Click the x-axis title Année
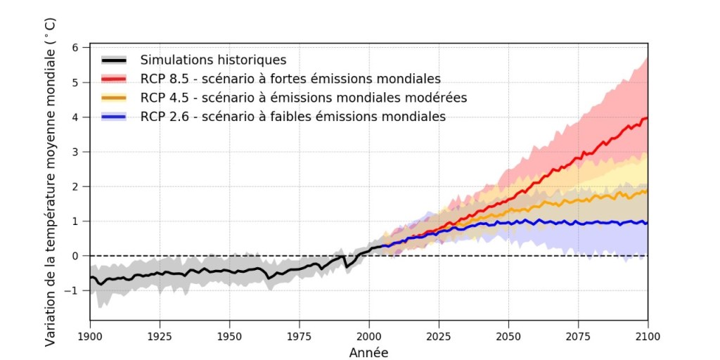(368, 352)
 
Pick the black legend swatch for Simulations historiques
(113, 60)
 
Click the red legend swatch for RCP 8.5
(113, 78)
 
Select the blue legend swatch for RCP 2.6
(113, 117)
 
